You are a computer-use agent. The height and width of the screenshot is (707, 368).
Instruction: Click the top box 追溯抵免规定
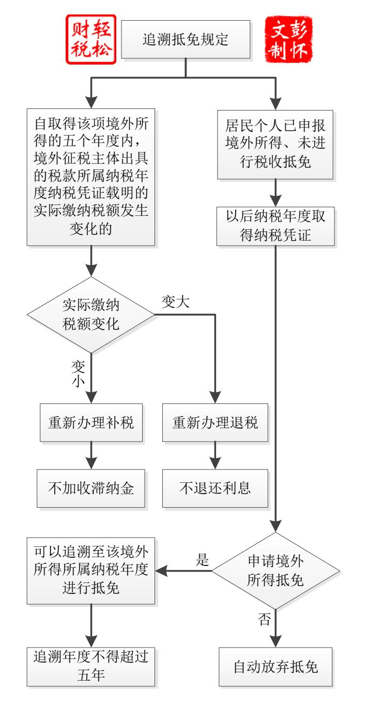coord(185,39)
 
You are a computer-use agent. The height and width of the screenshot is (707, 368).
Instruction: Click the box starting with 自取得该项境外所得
coord(91,177)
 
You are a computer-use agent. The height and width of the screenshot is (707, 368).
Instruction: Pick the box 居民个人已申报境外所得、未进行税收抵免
coord(275,144)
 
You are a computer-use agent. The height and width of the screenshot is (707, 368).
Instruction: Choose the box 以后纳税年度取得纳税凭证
coord(275,225)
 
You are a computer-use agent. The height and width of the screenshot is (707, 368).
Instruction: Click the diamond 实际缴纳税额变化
coord(91,315)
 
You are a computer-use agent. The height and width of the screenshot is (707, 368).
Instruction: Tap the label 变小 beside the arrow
coord(78,372)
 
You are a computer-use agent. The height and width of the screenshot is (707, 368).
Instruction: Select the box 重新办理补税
coord(91,422)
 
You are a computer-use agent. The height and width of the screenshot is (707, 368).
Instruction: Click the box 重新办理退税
coord(215,422)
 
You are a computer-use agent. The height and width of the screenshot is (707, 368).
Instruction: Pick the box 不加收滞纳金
coord(91,488)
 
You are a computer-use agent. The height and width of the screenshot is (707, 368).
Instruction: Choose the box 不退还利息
coord(215,488)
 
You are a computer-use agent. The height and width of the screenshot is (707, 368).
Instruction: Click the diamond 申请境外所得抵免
coord(275,571)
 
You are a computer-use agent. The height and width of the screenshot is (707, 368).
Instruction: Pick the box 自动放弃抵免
coord(275,666)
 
